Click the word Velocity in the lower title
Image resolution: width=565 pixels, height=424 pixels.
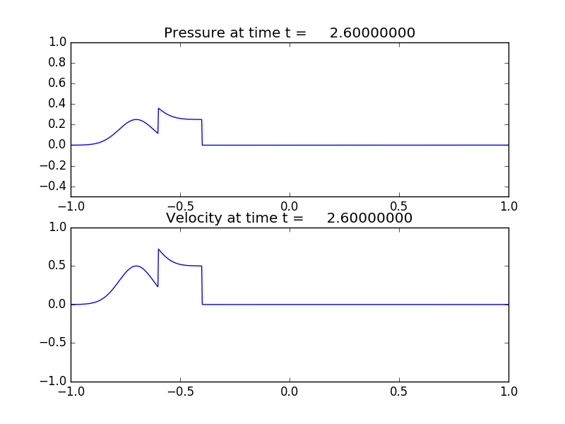coord(193,218)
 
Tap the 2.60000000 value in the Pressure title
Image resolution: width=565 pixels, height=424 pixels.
coord(372,33)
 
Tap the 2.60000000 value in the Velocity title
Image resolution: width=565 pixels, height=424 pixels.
coord(370,218)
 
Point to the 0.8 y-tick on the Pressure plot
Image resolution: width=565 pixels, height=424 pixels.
coord(57,63)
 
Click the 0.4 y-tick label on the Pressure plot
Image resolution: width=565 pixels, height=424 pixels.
coord(57,104)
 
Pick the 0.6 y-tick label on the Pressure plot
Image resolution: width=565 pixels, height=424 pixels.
coord(57,83)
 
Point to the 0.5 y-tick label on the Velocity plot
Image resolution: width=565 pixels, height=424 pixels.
coord(57,266)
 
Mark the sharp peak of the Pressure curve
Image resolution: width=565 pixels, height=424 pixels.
coord(159,109)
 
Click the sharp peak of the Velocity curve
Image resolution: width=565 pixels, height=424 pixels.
coord(159,249)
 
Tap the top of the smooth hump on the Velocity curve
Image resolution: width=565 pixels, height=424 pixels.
coord(137,266)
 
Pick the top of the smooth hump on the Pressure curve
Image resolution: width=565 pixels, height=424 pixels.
coord(137,120)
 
